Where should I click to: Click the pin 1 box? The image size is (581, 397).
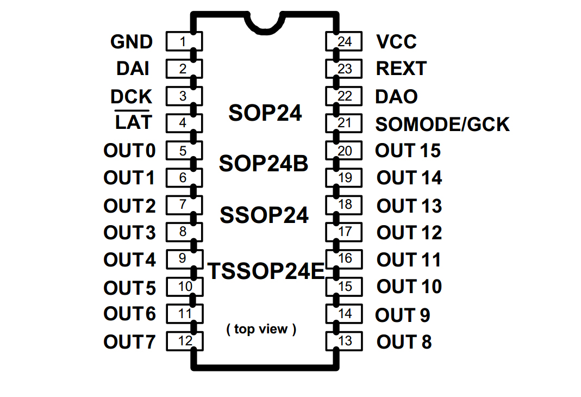[x=183, y=42]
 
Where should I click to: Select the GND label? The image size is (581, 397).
[x=132, y=42]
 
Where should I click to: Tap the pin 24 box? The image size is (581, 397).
[x=344, y=42]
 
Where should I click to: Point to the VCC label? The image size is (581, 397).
[x=396, y=42]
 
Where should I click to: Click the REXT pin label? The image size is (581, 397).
[x=401, y=69]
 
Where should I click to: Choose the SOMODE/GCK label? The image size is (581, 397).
[x=442, y=125]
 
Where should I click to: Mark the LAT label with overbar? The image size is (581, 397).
[x=134, y=122]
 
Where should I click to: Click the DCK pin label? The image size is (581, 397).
[x=132, y=97]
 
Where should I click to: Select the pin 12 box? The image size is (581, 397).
[x=184, y=342]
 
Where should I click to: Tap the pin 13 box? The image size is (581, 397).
[x=344, y=342]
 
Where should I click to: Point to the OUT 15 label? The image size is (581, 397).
[x=408, y=151]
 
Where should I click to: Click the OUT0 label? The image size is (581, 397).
[x=129, y=151]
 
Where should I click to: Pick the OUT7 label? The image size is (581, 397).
[x=129, y=342]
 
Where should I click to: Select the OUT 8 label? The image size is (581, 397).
[x=404, y=342]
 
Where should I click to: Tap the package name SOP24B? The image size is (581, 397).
[x=264, y=163]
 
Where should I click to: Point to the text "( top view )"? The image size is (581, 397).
[x=261, y=329]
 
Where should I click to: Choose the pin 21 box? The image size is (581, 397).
[x=344, y=123]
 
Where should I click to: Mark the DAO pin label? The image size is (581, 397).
[x=396, y=97]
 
